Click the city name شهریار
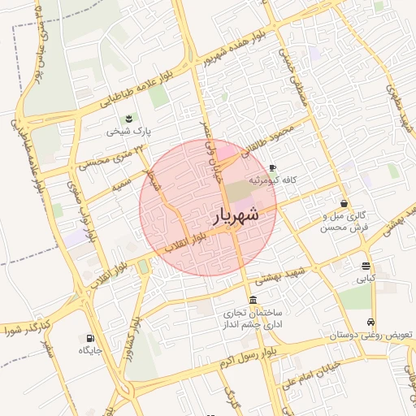tap(236, 215)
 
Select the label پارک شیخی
tap(132, 131)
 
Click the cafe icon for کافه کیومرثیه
tap(272, 167)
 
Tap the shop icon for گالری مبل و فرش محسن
tap(345, 203)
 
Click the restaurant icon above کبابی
tap(366, 266)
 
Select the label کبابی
tap(366, 278)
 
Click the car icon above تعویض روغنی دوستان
tap(371, 323)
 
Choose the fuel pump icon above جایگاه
tap(89, 339)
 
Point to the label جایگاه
tap(89, 351)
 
